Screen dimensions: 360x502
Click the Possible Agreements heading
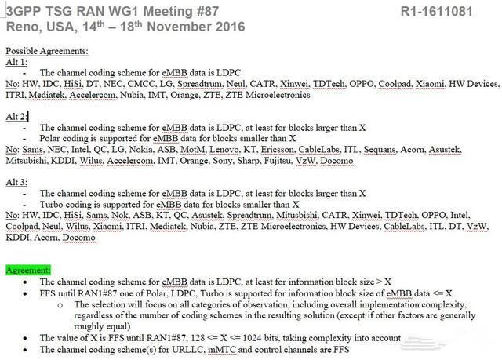coord(47,52)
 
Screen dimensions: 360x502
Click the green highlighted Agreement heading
coord(29,270)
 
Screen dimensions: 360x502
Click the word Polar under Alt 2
coord(52,137)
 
